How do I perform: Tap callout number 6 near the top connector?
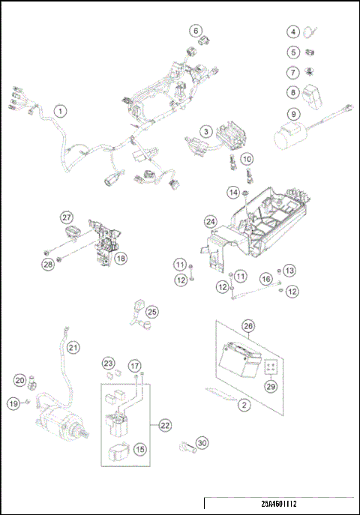tap(196, 31)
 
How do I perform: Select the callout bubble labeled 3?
tap(205, 131)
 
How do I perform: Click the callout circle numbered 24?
tap(211, 221)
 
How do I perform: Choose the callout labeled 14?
tap(233, 193)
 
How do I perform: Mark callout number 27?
tap(65, 217)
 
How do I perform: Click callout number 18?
tap(120, 258)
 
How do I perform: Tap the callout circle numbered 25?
tap(152, 311)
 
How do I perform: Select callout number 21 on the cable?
tap(72, 347)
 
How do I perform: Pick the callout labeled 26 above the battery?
tap(248, 326)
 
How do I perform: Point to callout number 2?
tap(244, 406)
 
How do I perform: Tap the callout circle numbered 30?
tap(202, 443)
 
